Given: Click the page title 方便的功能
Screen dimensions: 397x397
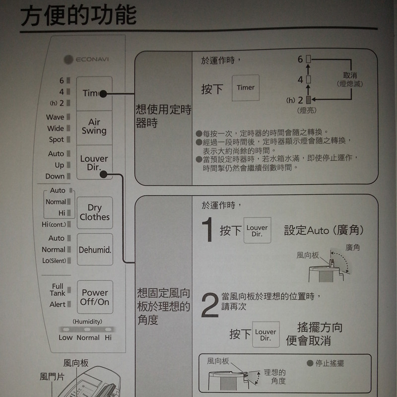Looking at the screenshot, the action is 78,16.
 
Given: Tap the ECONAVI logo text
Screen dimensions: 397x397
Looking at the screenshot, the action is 92,60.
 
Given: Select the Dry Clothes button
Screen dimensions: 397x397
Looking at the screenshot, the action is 95,213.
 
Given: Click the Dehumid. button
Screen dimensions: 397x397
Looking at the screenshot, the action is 95,250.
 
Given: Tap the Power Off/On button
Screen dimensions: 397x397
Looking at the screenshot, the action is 95,297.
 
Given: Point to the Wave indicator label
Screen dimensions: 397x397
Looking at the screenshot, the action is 55,117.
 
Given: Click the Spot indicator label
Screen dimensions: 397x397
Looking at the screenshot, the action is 57,139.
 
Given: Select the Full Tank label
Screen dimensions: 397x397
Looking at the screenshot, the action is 58,290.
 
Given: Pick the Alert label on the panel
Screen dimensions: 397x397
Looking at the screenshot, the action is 58,304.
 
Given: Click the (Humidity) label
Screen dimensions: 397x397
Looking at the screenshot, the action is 87,322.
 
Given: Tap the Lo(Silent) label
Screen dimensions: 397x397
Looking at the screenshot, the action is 54,261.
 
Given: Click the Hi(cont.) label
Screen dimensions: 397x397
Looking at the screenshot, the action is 54,224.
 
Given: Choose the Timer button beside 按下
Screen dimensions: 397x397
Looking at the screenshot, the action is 246,88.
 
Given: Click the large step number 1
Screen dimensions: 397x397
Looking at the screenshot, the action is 207,229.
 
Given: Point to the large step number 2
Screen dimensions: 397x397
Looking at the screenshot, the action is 210,305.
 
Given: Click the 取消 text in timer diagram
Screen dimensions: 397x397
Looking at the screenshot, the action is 350,75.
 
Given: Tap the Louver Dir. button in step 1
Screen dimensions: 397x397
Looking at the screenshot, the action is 257,230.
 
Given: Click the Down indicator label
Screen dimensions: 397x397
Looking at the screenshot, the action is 55,176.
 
